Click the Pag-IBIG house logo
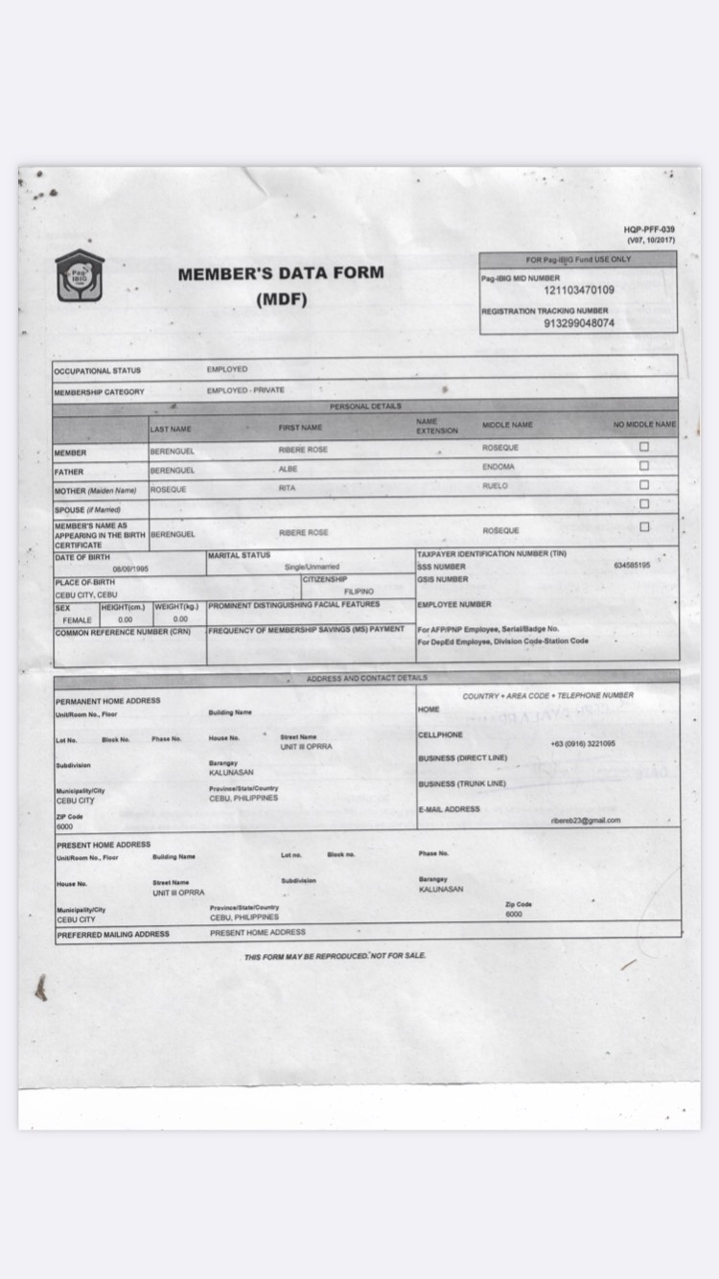tap(79, 276)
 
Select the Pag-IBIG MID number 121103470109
tap(579, 291)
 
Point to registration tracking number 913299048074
tap(579, 323)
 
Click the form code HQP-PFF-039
tap(649, 229)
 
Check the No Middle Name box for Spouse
tap(644, 503)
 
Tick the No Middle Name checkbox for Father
tap(644, 466)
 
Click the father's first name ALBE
tap(288, 469)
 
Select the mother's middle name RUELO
tap(496, 486)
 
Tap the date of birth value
tap(129, 569)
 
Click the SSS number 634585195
tap(632, 566)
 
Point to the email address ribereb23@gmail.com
tap(585, 821)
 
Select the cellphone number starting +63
tap(583, 744)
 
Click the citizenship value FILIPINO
tap(359, 592)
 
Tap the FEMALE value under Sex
tap(78, 620)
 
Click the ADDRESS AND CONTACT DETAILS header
tap(367, 678)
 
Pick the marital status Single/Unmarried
tap(312, 567)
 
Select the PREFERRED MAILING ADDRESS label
tap(113, 934)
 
